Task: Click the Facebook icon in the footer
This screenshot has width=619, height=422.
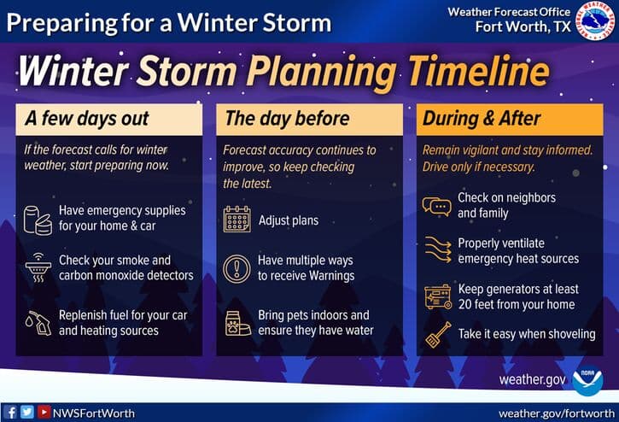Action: tap(11, 413)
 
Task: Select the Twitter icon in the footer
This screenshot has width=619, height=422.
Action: tap(27, 413)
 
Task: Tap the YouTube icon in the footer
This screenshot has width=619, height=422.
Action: tap(43, 413)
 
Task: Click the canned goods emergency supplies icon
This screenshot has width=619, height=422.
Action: tap(37, 219)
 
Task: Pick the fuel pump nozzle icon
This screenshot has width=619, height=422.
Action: tap(37, 323)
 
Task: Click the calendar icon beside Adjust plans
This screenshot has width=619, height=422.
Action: tap(237, 220)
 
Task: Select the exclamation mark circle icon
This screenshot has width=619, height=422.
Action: tap(237, 268)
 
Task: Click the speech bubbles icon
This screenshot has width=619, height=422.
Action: tap(437, 206)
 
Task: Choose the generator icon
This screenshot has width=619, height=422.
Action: tap(437, 296)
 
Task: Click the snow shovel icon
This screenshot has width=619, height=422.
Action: tap(437, 334)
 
